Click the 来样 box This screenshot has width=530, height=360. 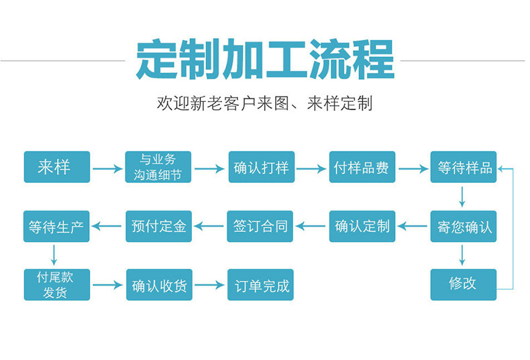click(56, 167)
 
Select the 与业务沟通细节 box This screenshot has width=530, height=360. click(158, 167)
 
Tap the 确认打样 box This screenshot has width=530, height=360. click(261, 167)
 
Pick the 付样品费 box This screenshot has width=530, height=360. click(362, 167)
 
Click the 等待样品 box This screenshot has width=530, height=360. click(464, 167)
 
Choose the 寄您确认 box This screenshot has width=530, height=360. click(464, 226)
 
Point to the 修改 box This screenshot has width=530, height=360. click(464, 284)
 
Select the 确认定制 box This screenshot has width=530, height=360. click(362, 226)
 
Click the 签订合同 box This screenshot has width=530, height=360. click(261, 226)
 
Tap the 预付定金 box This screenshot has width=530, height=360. click(158, 226)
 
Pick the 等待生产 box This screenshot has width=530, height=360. click(56, 226)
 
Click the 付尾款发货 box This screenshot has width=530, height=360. click(56, 284)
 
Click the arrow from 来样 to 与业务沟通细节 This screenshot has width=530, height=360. click(107, 168)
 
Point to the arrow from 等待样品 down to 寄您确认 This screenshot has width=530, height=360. click(462, 195)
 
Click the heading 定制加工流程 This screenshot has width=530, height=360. click(264, 60)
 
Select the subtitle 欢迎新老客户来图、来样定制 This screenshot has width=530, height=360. click(264, 103)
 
